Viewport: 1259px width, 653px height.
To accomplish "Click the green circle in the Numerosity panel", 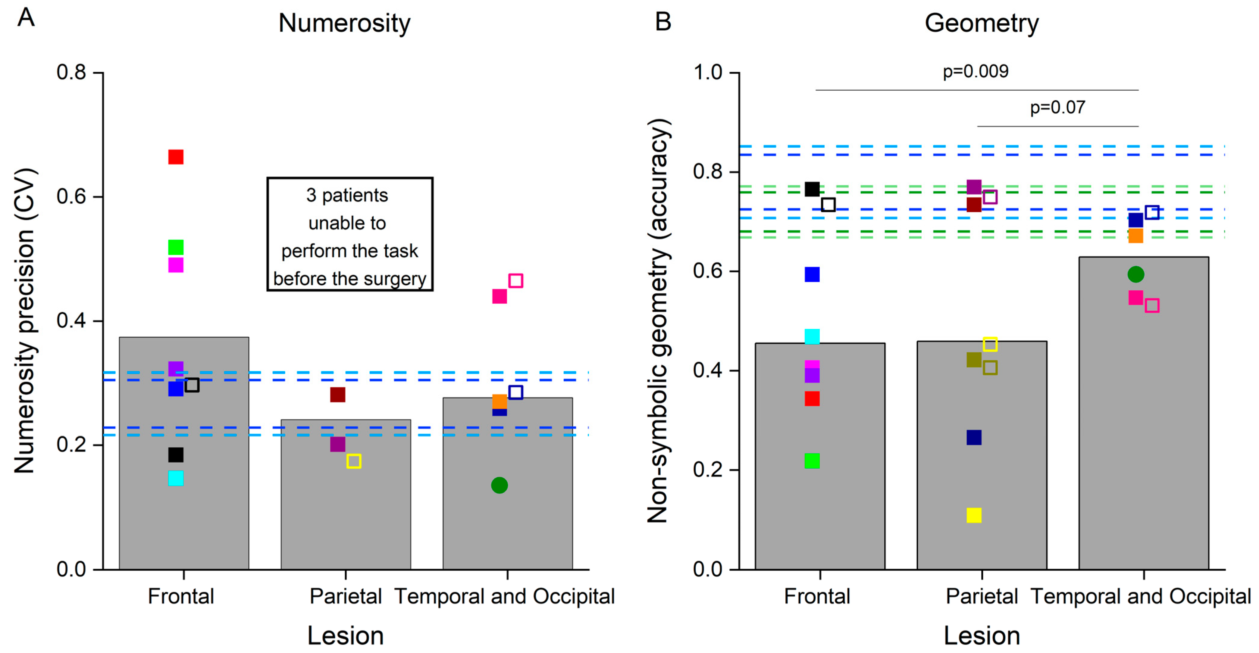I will (499, 485).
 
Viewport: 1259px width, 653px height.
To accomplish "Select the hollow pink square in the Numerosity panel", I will (516, 280).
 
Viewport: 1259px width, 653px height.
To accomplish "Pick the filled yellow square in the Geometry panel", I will (974, 515).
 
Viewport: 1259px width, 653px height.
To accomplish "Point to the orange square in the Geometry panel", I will (1135, 236).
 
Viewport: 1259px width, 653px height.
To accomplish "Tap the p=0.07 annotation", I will (1057, 108).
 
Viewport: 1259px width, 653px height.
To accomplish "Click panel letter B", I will (663, 21).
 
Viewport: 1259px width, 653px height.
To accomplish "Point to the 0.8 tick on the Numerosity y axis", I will (71, 72).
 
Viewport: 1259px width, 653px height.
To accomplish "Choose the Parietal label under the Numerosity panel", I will (346, 596).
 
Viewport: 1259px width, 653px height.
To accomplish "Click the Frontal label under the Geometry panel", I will (817, 596).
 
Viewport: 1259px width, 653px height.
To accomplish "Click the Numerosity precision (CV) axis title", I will (24, 320).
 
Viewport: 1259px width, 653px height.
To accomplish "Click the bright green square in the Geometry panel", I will (812, 461).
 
